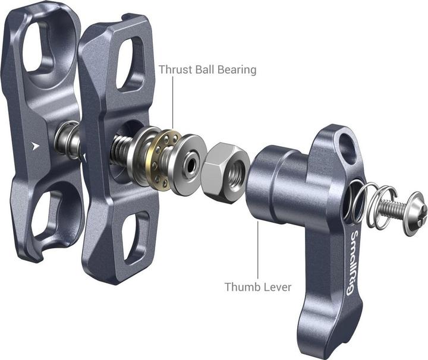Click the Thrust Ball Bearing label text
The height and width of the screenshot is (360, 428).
tap(207, 70)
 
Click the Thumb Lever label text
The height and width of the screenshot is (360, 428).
tap(257, 287)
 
